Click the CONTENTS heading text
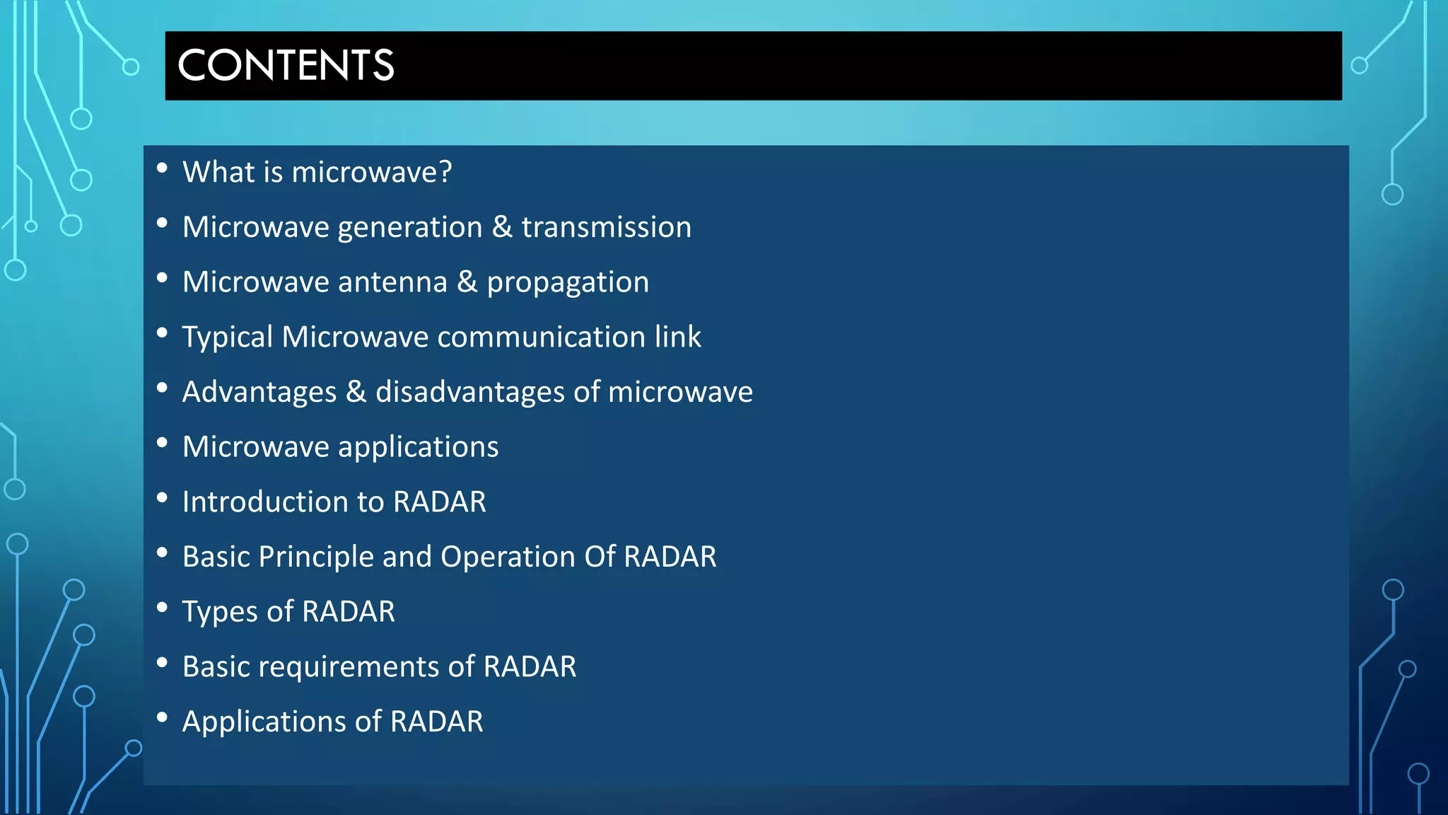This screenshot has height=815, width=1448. point(286,65)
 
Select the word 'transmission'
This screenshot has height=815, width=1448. point(606,227)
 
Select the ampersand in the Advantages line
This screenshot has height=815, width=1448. point(356,392)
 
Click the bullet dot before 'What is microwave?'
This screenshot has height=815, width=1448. point(162,168)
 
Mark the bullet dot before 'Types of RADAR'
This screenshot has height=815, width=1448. point(162,608)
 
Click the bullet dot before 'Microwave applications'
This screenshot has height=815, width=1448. point(162,443)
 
